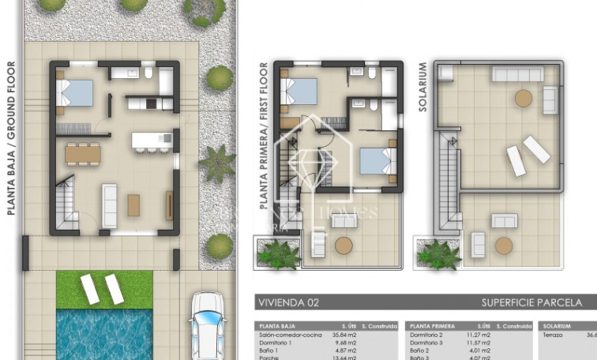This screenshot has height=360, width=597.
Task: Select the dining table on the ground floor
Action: point(84,151)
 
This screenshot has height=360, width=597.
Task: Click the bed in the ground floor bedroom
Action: point(77,94)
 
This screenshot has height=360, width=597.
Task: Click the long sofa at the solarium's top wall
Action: point(517,74)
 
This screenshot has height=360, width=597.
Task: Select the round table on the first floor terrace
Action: point(344,245)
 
